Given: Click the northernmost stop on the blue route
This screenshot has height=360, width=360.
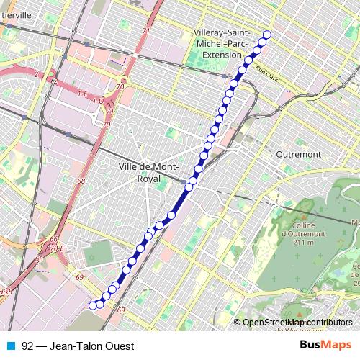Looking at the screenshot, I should (267, 35).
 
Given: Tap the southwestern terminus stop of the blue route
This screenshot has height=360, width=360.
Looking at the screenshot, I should (92, 305).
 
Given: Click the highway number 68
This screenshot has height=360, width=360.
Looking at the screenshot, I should (81, 181).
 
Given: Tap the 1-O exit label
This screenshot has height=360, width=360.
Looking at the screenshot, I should (97, 102).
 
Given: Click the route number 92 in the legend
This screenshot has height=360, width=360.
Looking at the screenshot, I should (27, 345).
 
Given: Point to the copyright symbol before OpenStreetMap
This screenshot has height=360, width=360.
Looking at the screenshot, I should (238, 322).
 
